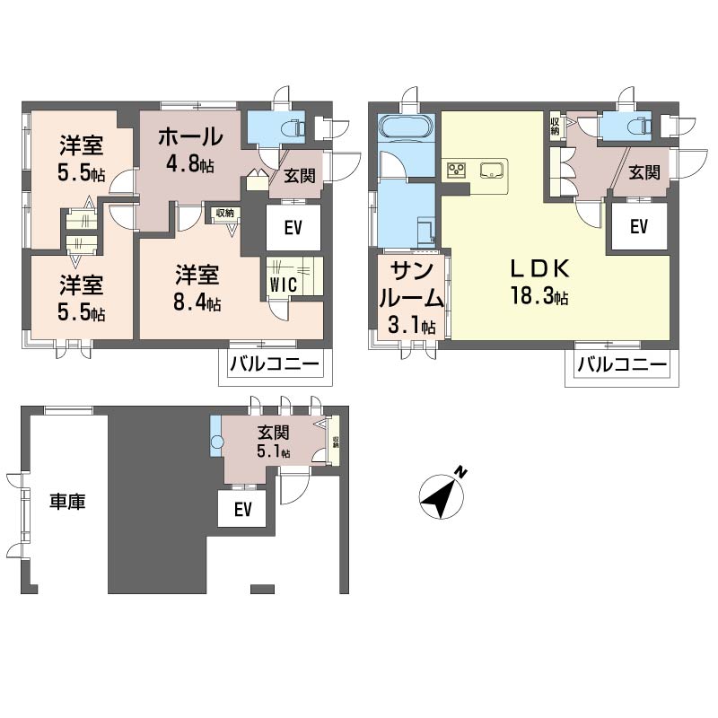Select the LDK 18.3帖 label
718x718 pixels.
tap(539, 283)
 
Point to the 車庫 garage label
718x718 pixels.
tap(67, 503)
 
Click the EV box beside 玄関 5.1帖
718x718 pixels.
tap(241, 510)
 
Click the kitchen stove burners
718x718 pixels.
tap(455, 169)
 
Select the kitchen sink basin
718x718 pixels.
tap(492, 170)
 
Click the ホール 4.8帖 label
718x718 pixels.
tap(189, 149)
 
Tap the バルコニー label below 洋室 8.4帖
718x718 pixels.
tap(274, 365)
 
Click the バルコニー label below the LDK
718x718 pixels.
tap(621, 365)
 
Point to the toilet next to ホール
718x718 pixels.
tap(288, 127)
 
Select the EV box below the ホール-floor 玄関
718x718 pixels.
tap(293, 228)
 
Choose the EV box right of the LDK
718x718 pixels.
tap(638, 228)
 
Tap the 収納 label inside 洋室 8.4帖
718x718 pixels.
tap(225, 214)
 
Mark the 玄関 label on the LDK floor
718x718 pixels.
tap(644, 172)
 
